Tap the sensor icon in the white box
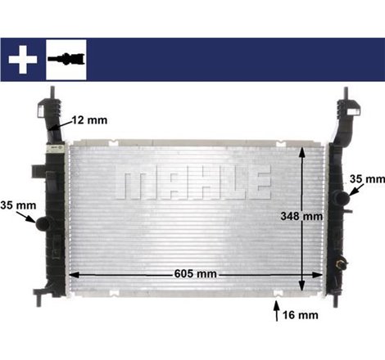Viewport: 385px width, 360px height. pyautogui.click(x=68, y=58)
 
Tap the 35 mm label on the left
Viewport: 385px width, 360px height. pyautogui.click(x=15, y=205)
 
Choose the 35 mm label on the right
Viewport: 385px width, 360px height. pyautogui.click(x=367, y=178)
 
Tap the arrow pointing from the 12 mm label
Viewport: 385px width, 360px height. pyautogui.click(x=59, y=126)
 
